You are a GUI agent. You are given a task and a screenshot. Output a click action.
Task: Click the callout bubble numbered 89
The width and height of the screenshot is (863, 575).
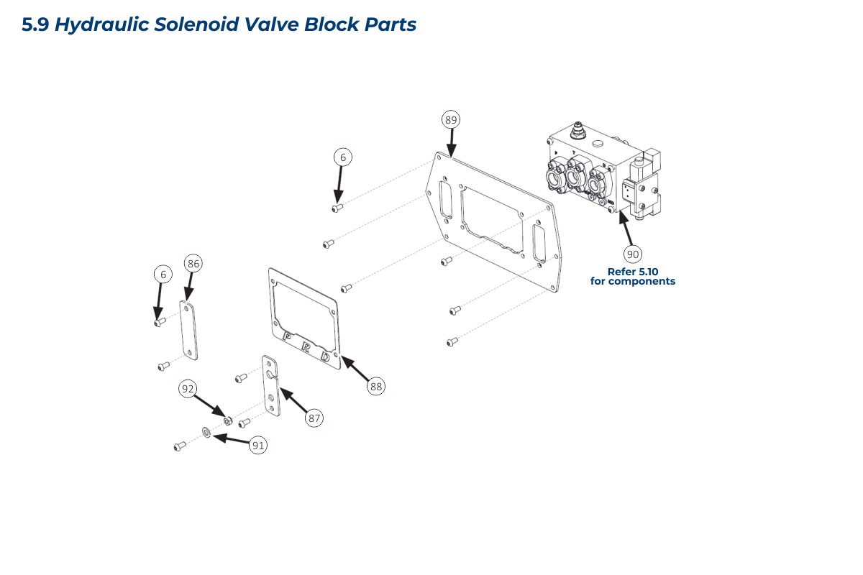451,119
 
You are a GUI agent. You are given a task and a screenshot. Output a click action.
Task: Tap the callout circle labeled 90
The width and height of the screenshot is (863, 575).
633,254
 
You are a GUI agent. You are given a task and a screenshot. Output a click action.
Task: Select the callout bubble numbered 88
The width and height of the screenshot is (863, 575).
375,386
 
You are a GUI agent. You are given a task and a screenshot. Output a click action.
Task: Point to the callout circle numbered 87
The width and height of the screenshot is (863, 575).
314,418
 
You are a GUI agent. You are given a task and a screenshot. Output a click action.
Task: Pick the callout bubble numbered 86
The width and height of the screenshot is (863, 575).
193,264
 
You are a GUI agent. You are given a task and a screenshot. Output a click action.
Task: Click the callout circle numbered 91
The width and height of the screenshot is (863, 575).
258,446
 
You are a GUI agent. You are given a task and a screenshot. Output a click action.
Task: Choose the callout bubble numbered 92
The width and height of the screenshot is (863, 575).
188,389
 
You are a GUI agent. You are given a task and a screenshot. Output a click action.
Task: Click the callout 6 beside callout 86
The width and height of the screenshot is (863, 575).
163,274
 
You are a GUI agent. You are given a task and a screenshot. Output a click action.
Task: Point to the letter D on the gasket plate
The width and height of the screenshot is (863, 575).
326,356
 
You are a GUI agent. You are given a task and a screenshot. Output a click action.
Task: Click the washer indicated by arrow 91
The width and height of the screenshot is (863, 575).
206,433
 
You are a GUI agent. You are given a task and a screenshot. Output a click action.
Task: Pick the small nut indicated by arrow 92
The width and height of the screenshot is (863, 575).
227,420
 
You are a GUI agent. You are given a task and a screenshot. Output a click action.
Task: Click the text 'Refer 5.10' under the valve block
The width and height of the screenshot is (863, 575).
632,272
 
